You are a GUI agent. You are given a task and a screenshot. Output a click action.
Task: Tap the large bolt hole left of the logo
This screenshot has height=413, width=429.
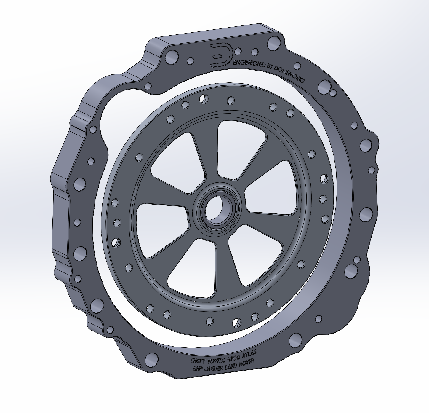(172, 58)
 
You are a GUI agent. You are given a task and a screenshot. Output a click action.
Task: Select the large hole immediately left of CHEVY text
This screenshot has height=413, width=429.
(151, 360)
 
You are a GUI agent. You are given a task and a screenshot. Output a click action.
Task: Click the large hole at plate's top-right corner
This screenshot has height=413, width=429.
(273, 43)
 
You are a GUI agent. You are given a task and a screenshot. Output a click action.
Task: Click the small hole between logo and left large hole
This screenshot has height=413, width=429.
(191, 61)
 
